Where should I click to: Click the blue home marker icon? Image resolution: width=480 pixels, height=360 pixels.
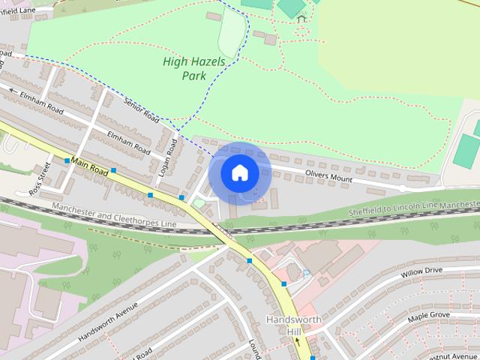click(239, 172)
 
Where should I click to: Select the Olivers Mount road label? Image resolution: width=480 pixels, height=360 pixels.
click(328, 176)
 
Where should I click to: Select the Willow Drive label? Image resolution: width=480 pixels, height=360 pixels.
click(423, 271)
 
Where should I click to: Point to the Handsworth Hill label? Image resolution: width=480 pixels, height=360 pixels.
click(293, 325)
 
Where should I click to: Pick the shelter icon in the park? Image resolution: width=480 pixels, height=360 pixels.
click(301, 19)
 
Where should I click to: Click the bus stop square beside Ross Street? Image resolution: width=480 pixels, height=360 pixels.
click(67, 160)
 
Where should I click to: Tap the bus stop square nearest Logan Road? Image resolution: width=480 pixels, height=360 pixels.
click(181, 197)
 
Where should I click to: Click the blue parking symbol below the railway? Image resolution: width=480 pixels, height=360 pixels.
click(306, 272)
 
